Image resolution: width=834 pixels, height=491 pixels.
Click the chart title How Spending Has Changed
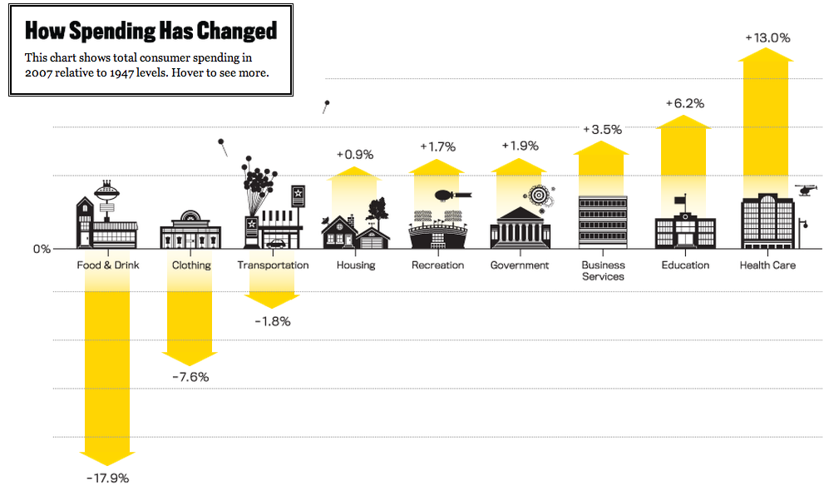[151, 32]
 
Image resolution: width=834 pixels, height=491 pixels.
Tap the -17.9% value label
[107, 478]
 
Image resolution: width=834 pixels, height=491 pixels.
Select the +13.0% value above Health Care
[767, 37]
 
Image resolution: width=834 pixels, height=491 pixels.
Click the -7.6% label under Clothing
[190, 377]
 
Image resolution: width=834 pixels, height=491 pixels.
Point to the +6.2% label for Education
[684, 103]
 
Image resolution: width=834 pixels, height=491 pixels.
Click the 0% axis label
[42, 249]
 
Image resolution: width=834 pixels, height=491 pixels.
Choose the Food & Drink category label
[108, 265]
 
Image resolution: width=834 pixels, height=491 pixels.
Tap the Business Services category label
[603, 270]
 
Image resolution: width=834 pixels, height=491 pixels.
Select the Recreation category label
[437, 265]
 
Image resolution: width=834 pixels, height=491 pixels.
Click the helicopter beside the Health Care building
[807, 190]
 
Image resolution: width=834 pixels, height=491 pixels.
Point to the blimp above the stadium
[448, 197]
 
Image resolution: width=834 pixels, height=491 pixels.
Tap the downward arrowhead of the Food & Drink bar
[107, 458]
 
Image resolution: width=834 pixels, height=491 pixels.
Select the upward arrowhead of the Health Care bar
[767, 55]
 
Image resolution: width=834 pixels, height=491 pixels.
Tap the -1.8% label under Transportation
[272, 321]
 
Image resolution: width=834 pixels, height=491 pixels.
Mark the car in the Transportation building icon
[274, 243]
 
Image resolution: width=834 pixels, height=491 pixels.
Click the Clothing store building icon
[190, 231]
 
